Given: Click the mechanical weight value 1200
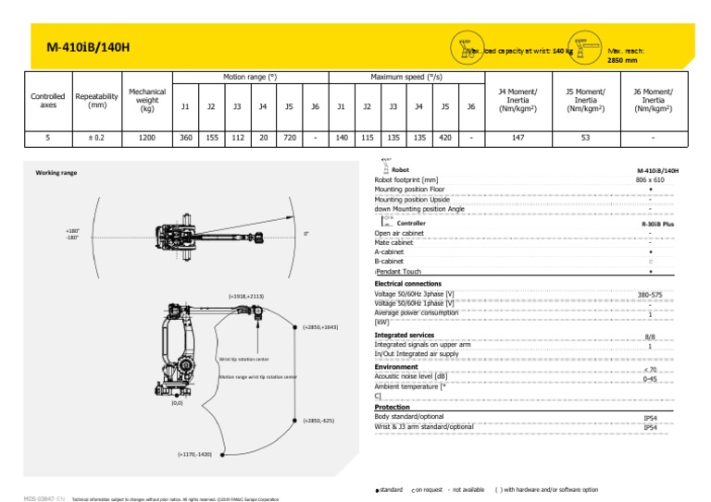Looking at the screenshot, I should pyautogui.click(x=147, y=138).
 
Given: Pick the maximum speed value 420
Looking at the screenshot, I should pyautogui.click(x=445, y=138).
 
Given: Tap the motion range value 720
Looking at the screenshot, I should pyautogui.click(x=289, y=138).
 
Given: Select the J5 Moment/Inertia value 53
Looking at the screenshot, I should pyautogui.click(x=584, y=138).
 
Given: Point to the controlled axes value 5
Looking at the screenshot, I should pyautogui.click(x=47, y=138).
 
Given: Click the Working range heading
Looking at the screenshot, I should pyautogui.click(x=56, y=173).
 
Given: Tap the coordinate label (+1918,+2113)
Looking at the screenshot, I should pyautogui.click(x=245, y=296).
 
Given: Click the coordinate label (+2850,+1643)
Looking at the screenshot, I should pyautogui.click(x=320, y=326).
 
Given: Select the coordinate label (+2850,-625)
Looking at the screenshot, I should pyautogui.click(x=318, y=421).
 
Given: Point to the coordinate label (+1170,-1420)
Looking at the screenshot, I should pyautogui.click(x=194, y=454).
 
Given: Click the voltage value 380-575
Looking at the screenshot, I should pyautogui.click(x=651, y=295).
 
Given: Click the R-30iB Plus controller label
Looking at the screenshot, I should pyautogui.click(x=657, y=224).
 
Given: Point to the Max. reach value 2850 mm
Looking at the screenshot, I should pyautogui.click(x=622, y=60).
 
